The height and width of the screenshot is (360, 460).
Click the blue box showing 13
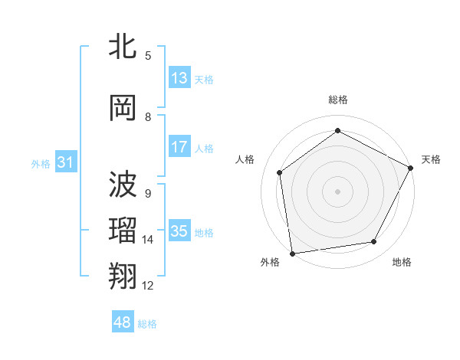179,78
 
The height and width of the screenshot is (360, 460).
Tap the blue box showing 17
179,148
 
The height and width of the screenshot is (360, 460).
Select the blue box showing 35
179,231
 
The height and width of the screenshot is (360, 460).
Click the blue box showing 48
123,322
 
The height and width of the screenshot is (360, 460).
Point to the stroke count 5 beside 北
148,55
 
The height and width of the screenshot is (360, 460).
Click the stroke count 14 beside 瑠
148,240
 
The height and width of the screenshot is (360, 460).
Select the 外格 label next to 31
41,163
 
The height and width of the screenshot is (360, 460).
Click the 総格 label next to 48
147,324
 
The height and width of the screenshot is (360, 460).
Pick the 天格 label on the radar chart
431,159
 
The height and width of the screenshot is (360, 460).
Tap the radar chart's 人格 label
245,159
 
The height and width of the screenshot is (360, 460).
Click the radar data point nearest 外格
292,253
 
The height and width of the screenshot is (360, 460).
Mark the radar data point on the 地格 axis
374,242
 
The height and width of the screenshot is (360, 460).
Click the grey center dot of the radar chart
337,191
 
